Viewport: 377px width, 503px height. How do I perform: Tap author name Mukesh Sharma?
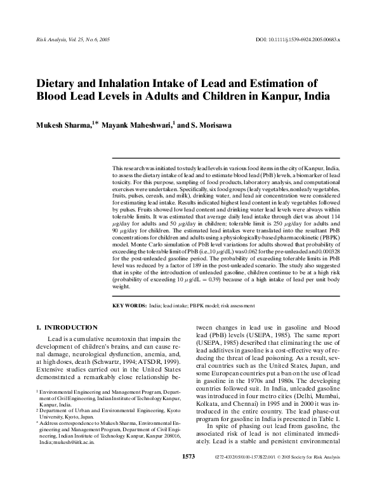(x=61, y=124)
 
